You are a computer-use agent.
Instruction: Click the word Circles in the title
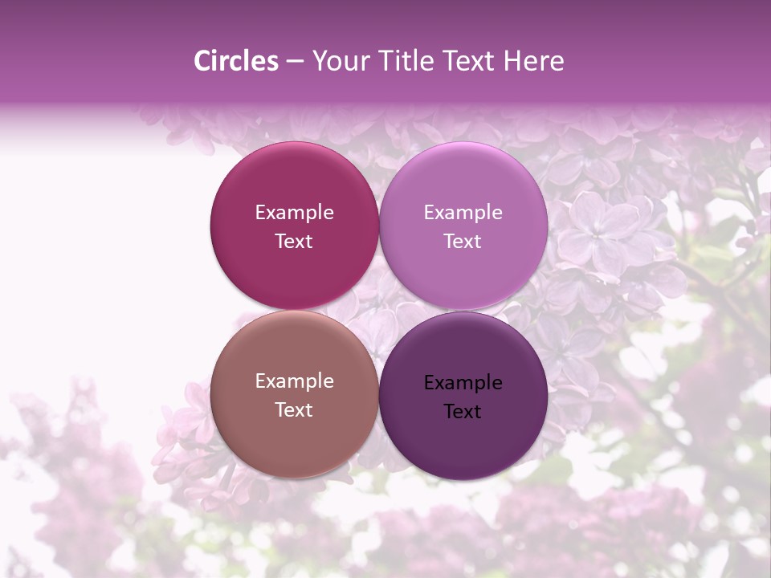pos(235,61)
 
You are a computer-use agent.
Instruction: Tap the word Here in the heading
pos(533,61)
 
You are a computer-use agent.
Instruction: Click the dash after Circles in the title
pos(295,62)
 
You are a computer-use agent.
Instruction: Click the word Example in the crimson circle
pos(295,213)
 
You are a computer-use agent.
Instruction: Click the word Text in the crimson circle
pos(295,242)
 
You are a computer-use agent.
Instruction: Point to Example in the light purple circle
pos(463,213)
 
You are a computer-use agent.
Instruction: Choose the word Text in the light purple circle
pos(463,242)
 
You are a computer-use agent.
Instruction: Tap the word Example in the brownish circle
pos(295,381)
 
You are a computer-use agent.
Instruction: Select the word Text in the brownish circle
pos(295,410)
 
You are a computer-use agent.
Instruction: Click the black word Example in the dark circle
pos(463,383)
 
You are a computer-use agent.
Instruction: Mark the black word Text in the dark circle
pos(463,412)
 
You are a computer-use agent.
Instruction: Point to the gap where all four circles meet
pos(379,311)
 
